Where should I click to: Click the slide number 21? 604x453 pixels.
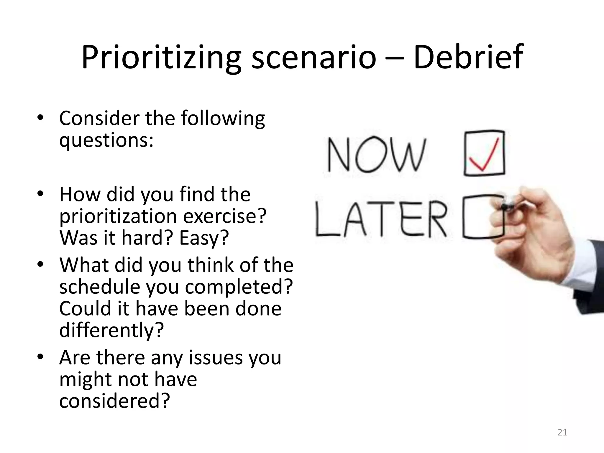(562, 432)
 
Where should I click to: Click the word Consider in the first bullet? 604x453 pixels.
(99, 118)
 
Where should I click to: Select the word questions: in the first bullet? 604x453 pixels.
(106, 140)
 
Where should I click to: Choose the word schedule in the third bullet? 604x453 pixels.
(100, 287)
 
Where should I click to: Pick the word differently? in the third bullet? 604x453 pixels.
(111, 330)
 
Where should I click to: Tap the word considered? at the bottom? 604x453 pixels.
(115, 401)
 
